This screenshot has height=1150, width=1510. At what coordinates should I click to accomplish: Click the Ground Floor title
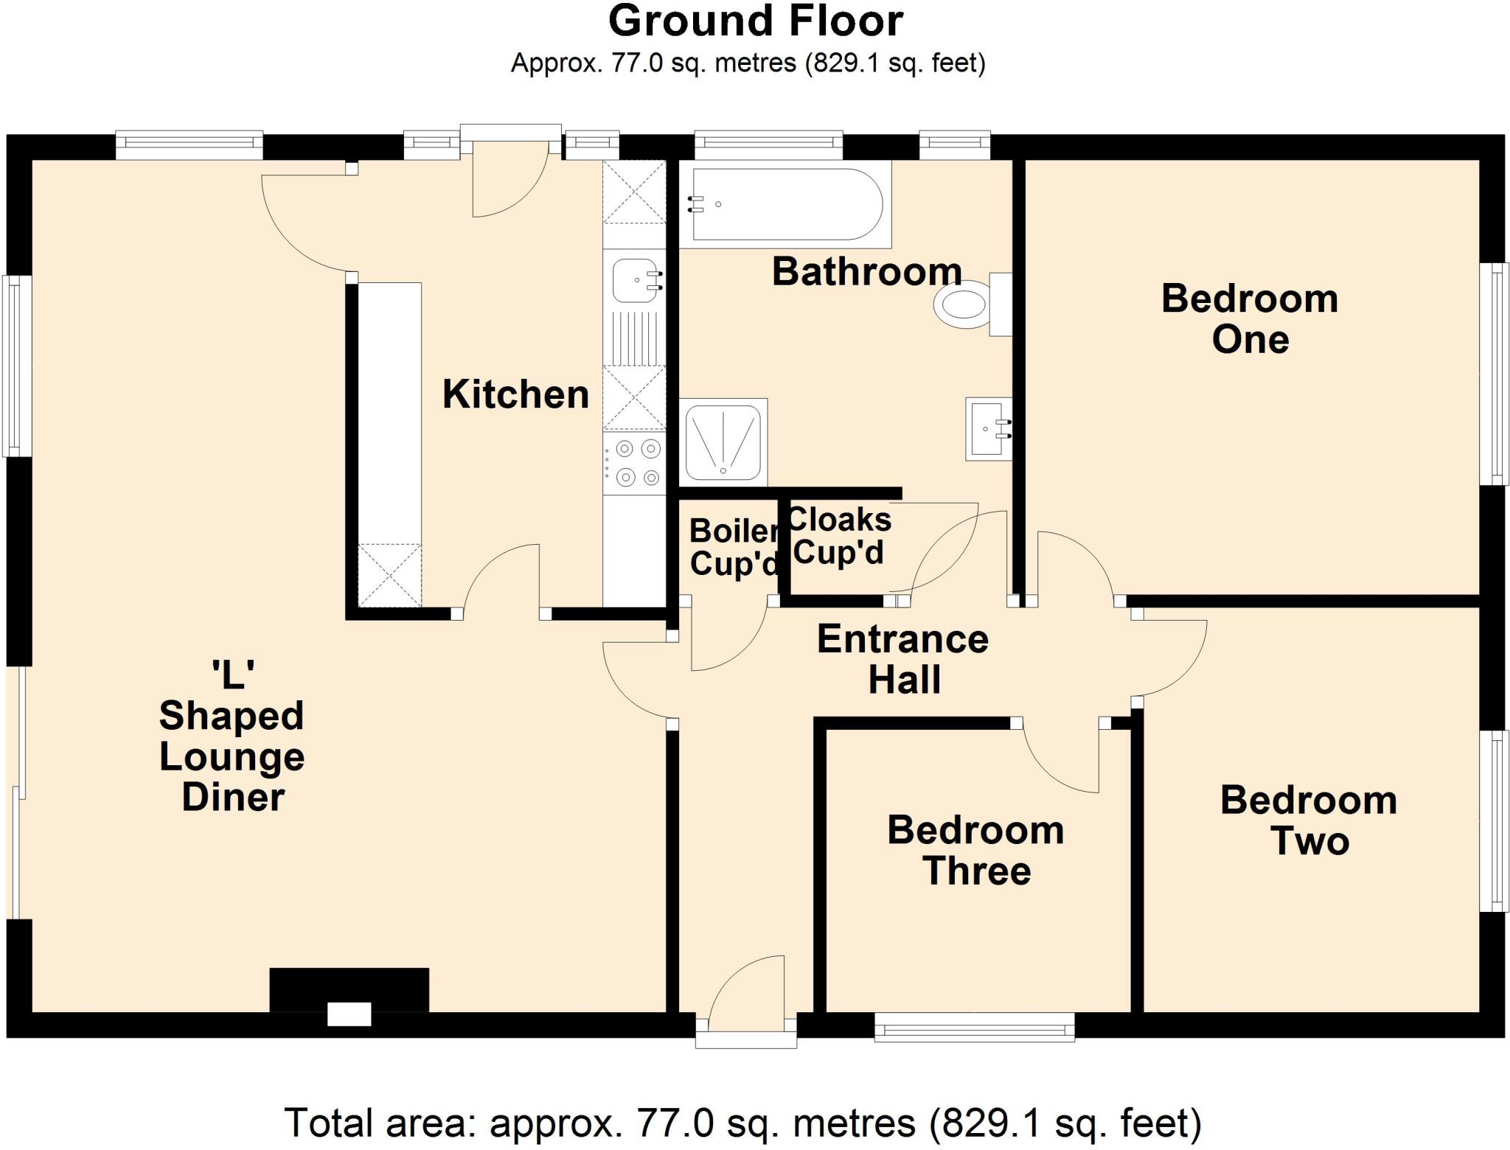pos(755,21)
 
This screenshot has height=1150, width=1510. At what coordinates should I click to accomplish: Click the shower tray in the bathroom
pos(723,440)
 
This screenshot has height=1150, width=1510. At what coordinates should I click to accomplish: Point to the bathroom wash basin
pos(989,429)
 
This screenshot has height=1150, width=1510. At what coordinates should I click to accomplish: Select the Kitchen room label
pos(515,394)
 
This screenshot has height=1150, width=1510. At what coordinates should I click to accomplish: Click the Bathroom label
pos(866,272)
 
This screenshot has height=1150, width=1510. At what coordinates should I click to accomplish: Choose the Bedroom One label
pos(1250,319)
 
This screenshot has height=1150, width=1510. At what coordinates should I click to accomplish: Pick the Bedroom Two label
pos(1309,820)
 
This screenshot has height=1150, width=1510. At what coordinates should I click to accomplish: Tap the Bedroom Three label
pos(975,851)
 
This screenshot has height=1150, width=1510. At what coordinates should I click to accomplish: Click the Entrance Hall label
pos(903,659)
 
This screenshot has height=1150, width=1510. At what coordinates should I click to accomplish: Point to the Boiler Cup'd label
pos(734,548)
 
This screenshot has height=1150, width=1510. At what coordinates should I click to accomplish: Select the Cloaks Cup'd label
pos(840,536)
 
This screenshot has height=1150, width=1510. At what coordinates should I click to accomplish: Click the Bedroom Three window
pos(974,1027)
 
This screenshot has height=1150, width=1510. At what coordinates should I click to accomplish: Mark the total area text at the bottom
pos(743,1123)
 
